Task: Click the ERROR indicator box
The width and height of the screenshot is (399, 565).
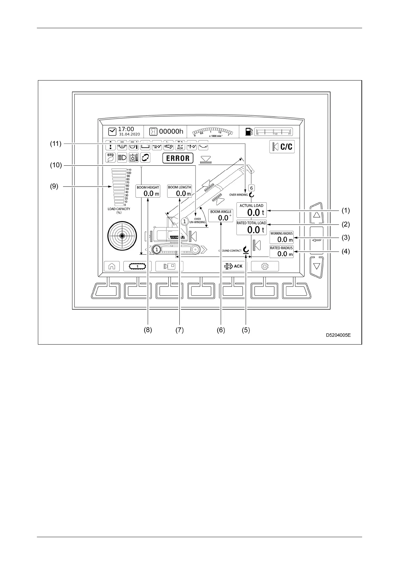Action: [178, 158]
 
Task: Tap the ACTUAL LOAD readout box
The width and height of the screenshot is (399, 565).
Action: [251, 210]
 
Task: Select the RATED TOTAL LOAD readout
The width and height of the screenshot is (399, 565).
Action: [251, 227]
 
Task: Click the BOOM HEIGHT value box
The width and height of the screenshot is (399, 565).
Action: [148, 191]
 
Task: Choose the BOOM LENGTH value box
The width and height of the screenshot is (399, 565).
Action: [180, 191]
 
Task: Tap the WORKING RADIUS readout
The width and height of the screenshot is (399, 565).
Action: [282, 238]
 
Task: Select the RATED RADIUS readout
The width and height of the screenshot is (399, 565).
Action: [282, 252]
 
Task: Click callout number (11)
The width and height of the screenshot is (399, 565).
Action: [56, 144]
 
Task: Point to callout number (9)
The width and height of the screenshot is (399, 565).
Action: [54, 187]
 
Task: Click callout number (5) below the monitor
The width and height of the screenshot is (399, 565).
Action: [246, 330]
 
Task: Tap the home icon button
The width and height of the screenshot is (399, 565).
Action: [112, 266]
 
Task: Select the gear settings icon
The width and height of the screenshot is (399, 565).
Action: [265, 266]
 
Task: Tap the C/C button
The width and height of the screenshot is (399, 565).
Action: [282, 147]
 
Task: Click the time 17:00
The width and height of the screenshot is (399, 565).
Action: [126, 129]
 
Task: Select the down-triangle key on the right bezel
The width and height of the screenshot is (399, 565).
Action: [316, 266]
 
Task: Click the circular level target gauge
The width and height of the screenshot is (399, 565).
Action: [122, 236]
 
